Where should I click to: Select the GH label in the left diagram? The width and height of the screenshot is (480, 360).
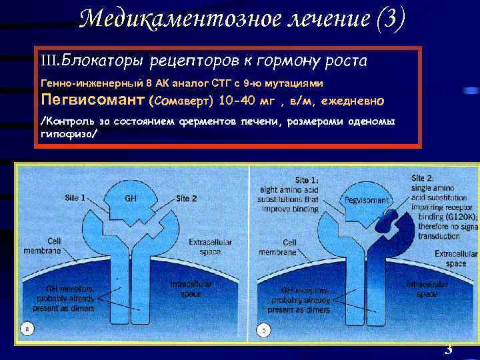coord(131,199)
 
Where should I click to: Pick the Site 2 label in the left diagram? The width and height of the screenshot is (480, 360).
coord(187,199)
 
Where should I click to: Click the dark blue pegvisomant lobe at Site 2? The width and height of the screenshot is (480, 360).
coord(389,220)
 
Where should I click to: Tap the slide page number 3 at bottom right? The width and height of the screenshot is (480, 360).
coord(448,349)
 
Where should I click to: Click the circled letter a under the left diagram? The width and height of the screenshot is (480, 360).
coord(26,329)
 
